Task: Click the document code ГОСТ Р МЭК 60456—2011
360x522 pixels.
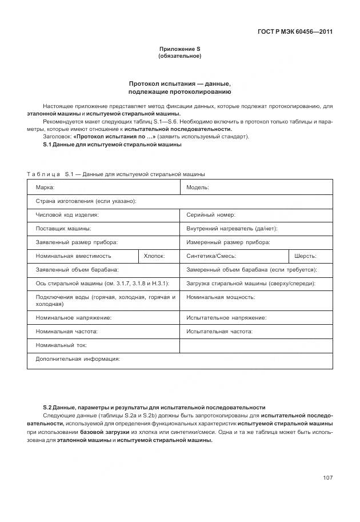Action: point(291,31)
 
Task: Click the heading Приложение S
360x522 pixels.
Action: point(179,49)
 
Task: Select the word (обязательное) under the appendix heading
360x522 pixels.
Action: point(179,56)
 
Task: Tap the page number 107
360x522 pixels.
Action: point(327,477)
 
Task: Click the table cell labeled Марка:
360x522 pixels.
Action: point(103,187)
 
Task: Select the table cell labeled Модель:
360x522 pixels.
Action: point(257,187)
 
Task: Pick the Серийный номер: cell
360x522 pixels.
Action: point(257,215)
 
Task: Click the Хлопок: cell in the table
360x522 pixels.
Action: point(159,256)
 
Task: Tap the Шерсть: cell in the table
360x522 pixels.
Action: point(310,256)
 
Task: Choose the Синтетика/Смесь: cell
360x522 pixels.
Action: point(234,256)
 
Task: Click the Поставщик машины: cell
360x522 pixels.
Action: point(103,229)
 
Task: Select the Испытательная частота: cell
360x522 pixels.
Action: point(257,331)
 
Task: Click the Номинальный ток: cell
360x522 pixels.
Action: point(103,345)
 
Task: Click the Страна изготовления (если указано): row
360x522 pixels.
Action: point(179,201)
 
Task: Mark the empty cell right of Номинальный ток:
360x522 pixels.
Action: point(257,345)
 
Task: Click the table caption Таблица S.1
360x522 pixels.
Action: point(116,174)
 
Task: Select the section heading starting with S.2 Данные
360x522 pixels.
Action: point(154,407)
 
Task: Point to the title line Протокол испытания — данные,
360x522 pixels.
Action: point(179,83)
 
